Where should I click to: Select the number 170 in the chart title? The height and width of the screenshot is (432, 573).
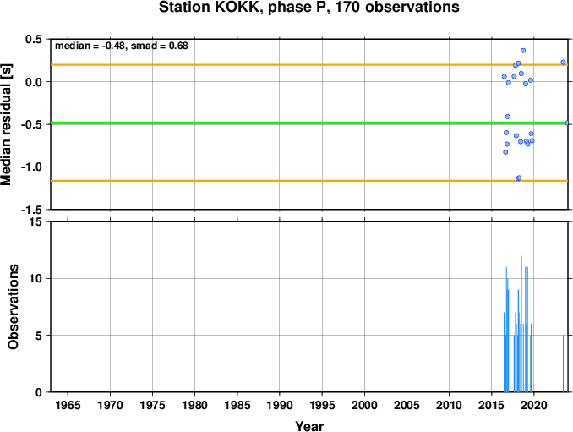tap(348, 7)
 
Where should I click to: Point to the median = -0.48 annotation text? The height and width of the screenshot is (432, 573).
tap(90, 46)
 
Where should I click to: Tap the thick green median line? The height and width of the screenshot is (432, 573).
tap(309, 123)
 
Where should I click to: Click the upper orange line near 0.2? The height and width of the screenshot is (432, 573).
tap(309, 65)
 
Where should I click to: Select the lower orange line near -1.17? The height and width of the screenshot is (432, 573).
tap(309, 181)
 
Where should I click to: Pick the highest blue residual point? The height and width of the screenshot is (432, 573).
tap(523, 51)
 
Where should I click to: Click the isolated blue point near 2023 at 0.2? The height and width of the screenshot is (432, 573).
tap(563, 62)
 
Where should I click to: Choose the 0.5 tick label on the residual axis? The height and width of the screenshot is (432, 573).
tap(33, 39)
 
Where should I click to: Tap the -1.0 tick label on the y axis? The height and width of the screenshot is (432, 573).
tap(31, 167)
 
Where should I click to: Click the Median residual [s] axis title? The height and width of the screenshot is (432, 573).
tap(6, 124)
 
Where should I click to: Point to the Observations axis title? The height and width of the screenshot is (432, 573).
tap(13, 307)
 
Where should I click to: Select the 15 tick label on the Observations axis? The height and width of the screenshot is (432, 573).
tap(35, 222)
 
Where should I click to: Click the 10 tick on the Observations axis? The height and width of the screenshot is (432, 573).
tap(35, 278)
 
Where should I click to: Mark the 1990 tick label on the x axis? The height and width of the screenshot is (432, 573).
tap(280, 405)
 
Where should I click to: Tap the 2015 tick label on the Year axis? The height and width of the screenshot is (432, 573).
tap(492, 405)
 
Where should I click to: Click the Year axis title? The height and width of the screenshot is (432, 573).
tap(309, 426)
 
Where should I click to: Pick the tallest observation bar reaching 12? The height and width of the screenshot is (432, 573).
tap(521, 324)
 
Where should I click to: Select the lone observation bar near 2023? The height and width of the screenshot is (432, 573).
tap(563, 364)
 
